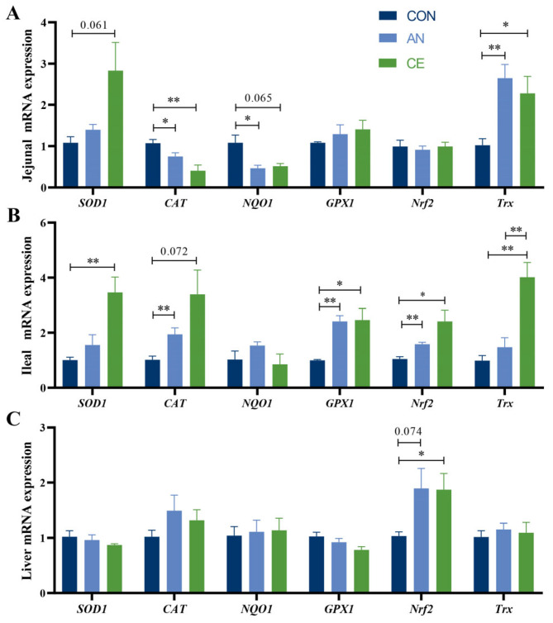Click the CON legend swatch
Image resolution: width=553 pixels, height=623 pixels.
coord(388,16)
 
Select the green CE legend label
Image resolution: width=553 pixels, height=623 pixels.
coord(416,64)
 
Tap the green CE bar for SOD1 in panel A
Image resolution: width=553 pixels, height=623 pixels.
coord(116,128)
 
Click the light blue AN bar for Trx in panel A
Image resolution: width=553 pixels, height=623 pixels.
coord(505,132)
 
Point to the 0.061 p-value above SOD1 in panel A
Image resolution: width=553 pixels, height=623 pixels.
coord(94,26)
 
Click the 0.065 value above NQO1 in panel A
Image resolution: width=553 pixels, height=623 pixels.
coord(259,97)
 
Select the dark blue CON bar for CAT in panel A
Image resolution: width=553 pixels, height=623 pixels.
coord(153,165)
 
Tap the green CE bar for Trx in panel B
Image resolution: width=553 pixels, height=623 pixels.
coord(527,332)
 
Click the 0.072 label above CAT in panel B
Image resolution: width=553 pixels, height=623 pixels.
coord(174,251)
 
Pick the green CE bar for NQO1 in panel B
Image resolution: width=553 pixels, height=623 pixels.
coord(280,376)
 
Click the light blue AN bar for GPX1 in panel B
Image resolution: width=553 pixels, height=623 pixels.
coord(340,354)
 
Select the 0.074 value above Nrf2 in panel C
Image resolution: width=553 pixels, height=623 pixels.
coord(408,431)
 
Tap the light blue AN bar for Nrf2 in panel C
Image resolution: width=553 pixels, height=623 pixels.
coord(422,540)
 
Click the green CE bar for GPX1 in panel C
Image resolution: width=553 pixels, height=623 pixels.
coord(361,571)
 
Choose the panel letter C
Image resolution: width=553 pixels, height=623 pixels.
coord(13,419)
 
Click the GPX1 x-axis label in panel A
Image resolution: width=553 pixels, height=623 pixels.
coord(340,203)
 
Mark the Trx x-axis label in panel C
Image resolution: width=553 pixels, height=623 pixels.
coord(503,609)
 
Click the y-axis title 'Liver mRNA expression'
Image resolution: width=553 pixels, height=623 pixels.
coord(26,511)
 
